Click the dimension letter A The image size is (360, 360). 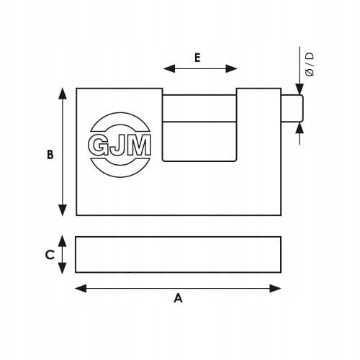[178, 298]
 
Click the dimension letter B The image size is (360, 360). [50, 155]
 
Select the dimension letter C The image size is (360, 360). [50, 255]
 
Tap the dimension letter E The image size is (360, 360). [197, 58]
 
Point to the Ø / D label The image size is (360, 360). [310, 64]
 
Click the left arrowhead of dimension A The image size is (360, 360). [81, 288]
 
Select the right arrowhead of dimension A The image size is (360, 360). [275, 288]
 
